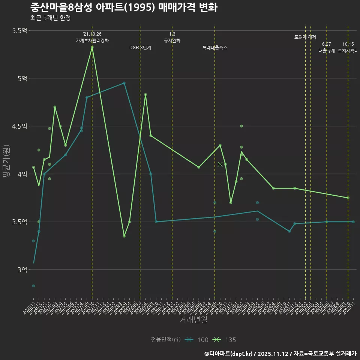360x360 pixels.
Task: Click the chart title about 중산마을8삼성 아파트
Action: click(x=123, y=7)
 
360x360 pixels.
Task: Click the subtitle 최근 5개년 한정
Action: click(x=50, y=18)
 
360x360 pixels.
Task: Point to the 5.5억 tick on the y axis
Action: click(x=19, y=31)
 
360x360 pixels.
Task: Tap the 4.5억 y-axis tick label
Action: click(x=19, y=126)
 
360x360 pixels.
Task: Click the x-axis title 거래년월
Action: click(x=193, y=320)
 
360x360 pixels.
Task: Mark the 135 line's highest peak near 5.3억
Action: click(x=92, y=47)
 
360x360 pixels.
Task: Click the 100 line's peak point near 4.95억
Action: click(x=124, y=83)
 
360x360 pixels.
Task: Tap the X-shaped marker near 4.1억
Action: click(x=220, y=164)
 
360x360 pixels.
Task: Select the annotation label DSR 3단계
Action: click(x=140, y=48)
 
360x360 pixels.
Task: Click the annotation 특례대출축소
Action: click(x=215, y=48)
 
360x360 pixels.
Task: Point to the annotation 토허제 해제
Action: click(x=305, y=37)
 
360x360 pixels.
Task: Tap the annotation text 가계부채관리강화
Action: click(x=92, y=40)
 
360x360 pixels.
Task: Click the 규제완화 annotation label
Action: click(x=172, y=40)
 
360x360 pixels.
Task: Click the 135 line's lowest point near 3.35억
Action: click(x=124, y=236)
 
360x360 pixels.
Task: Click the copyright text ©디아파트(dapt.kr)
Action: click(x=229, y=354)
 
